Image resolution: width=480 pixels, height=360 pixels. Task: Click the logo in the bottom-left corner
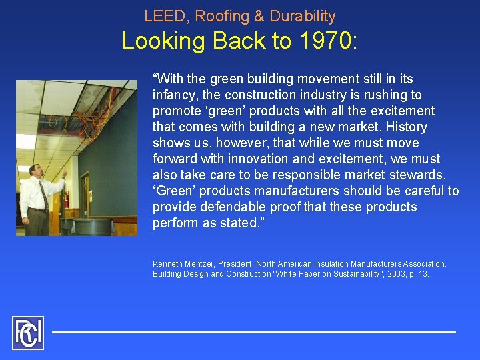pos(27,333)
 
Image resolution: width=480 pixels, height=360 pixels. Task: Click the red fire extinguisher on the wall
pos(66,199)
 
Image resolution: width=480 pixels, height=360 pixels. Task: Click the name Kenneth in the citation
pos(167,264)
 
